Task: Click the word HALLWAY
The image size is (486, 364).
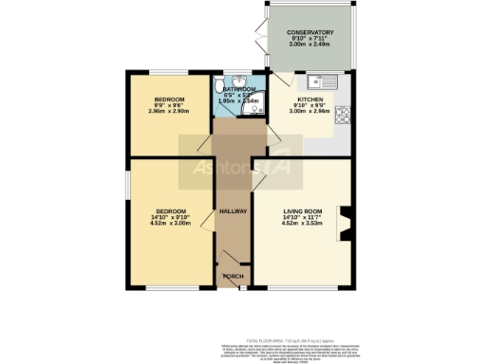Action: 233,211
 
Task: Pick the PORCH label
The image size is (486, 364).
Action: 233,276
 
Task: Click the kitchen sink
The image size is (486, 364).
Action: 324,82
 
